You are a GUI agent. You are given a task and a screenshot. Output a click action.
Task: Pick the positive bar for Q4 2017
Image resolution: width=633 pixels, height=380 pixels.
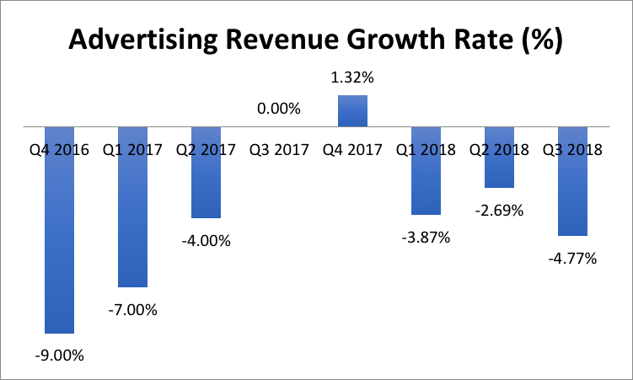tap(353, 110)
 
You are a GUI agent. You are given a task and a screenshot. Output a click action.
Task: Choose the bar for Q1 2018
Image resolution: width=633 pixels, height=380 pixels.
tap(426, 185)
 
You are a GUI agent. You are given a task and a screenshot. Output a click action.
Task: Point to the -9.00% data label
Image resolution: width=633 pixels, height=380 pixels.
tap(60, 355)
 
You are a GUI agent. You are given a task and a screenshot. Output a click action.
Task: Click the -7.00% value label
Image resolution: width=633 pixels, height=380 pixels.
tap(133, 309)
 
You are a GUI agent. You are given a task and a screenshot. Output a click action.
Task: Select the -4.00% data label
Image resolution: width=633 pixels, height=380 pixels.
tap(207, 240)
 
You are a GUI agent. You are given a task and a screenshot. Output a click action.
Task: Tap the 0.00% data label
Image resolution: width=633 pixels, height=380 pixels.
tap(280, 108)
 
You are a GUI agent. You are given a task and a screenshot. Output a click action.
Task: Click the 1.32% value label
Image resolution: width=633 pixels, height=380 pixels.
tap(353, 78)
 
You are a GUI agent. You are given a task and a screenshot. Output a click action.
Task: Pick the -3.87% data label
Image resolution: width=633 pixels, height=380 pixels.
tap(426, 237)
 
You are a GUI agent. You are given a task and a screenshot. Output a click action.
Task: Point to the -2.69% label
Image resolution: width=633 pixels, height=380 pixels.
tap(500, 210)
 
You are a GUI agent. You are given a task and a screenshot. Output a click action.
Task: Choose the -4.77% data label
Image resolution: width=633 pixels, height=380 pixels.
tap(573, 258)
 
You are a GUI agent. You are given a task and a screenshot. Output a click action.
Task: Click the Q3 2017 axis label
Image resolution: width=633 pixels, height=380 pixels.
tap(280, 150)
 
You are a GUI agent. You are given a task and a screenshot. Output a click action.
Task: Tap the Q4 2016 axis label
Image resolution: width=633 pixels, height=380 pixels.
tap(60, 150)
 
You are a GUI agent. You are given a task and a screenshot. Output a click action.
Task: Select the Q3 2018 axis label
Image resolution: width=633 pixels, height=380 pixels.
tap(573, 150)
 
